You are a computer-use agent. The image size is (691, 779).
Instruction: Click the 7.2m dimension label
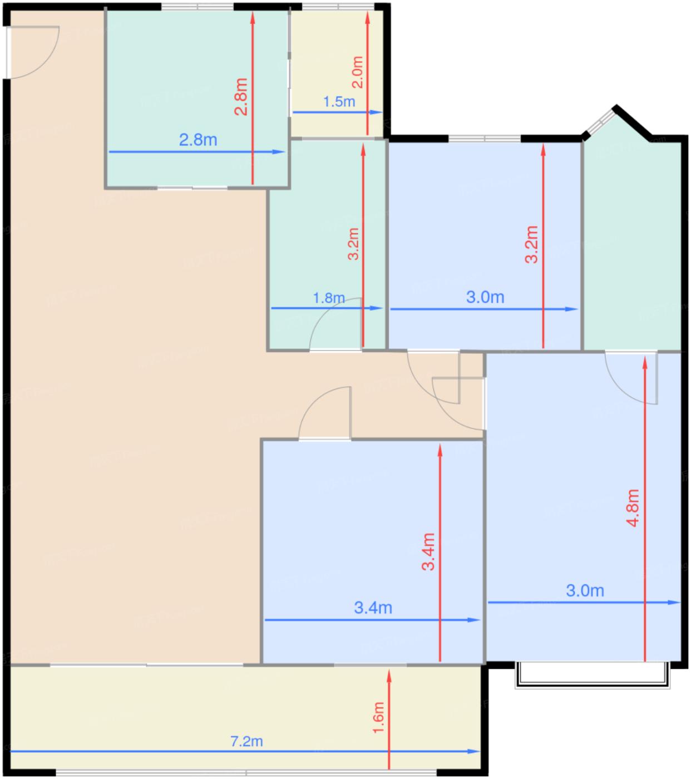[x=246, y=741]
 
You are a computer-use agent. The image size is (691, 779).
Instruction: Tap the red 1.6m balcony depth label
[x=378, y=717]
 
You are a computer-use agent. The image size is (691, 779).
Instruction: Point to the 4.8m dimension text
[x=633, y=507]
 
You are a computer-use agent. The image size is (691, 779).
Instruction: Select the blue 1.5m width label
[x=339, y=101]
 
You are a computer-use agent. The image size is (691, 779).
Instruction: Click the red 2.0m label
[x=357, y=72]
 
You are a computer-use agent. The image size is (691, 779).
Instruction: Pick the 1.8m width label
[x=329, y=298]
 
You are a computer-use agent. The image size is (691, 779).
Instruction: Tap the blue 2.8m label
[x=198, y=140]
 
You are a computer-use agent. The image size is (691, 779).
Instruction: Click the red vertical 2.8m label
[x=241, y=97]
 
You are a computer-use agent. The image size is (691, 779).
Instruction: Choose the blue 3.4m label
[x=373, y=608]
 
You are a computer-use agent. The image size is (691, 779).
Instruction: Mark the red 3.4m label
[x=428, y=551]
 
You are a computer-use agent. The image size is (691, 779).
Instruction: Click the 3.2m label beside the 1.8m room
[x=353, y=244]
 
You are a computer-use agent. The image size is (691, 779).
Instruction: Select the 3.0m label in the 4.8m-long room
[x=585, y=590]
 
